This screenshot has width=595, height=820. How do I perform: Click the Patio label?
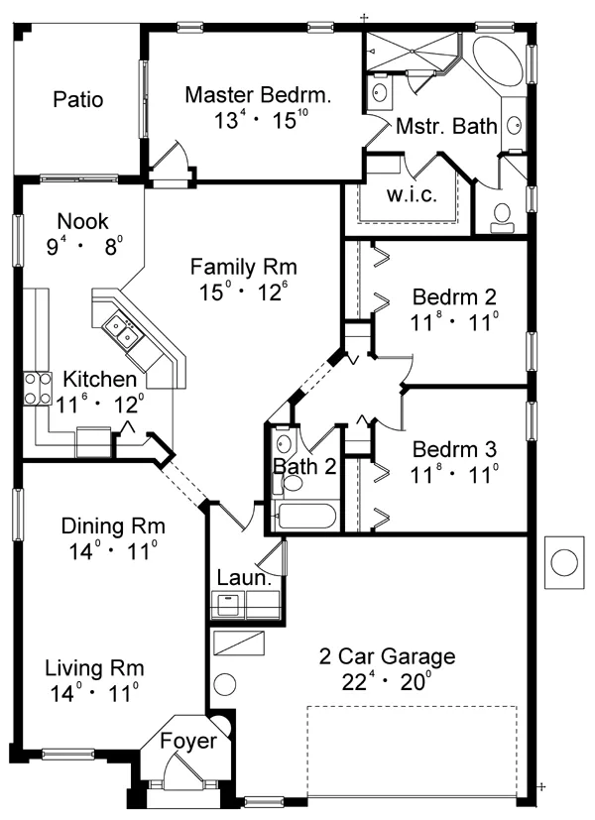[x=78, y=99]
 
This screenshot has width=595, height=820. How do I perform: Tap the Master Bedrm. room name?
[x=258, y=95]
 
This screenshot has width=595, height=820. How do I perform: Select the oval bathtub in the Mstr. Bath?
[x=497, y=62]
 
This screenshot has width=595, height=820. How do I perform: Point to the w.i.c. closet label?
[x=412, y=194]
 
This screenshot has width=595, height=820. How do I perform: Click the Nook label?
[x=82, y=221]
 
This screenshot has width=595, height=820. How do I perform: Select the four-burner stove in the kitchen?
[x=38, y=389]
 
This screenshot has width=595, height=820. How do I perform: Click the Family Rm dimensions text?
[x=244, y=292]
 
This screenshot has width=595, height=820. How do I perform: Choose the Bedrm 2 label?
[x=454, y=296]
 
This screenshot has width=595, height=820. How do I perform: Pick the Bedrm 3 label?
[x=454, y=449]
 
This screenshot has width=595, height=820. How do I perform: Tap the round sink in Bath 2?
[x=284, y=443]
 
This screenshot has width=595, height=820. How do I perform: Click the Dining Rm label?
[x=113, y=526]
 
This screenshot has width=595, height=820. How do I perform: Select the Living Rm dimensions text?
[x=94, y=694]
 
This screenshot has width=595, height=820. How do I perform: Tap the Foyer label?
[x=188, y=741]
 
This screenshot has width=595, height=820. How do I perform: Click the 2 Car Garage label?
[x=388, y=656]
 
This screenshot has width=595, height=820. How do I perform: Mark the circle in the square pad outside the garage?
[x=564, y=562]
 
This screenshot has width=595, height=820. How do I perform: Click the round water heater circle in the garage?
[x=225, y=684]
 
